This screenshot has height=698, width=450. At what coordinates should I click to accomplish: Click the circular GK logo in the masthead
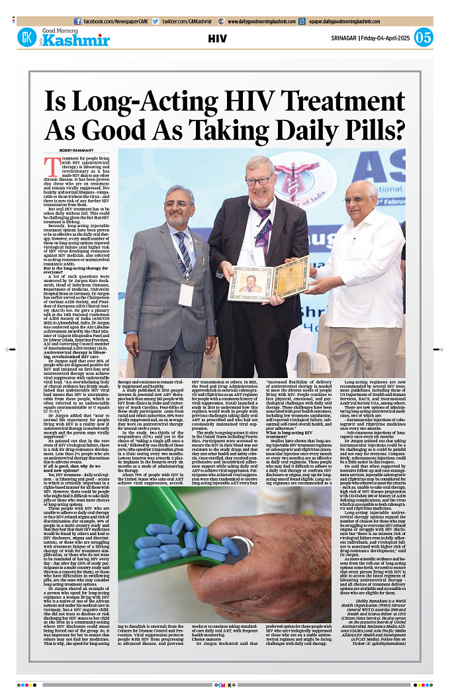(27, 38)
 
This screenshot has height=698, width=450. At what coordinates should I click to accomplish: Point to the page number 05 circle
(423, 38)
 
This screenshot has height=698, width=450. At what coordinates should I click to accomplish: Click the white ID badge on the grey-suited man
(186, 293)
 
